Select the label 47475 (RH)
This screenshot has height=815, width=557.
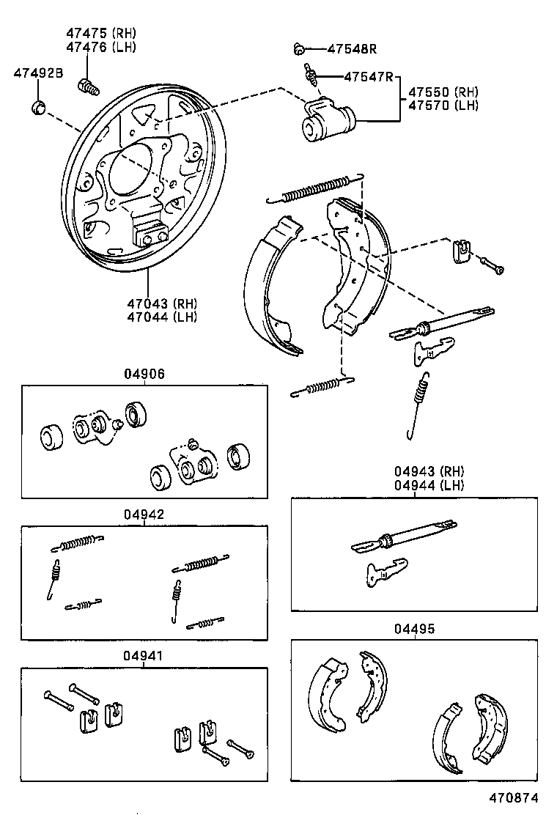(101, 34)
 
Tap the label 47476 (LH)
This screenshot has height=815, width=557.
(101, 47)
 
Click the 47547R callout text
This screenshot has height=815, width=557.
(369, 76)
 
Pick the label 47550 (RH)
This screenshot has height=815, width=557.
(443, 92)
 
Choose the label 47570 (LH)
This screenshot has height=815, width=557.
(443, 106)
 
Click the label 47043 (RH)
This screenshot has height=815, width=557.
(162, 303)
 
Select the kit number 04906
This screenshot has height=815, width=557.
(144, 374)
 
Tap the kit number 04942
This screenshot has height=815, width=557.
(144, 515)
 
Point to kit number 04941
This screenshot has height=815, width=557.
(144, 656)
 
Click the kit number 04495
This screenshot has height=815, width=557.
(414, 628)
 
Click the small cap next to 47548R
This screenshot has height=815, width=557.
(299, 50)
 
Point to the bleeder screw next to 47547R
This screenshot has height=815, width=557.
(311, 74)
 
